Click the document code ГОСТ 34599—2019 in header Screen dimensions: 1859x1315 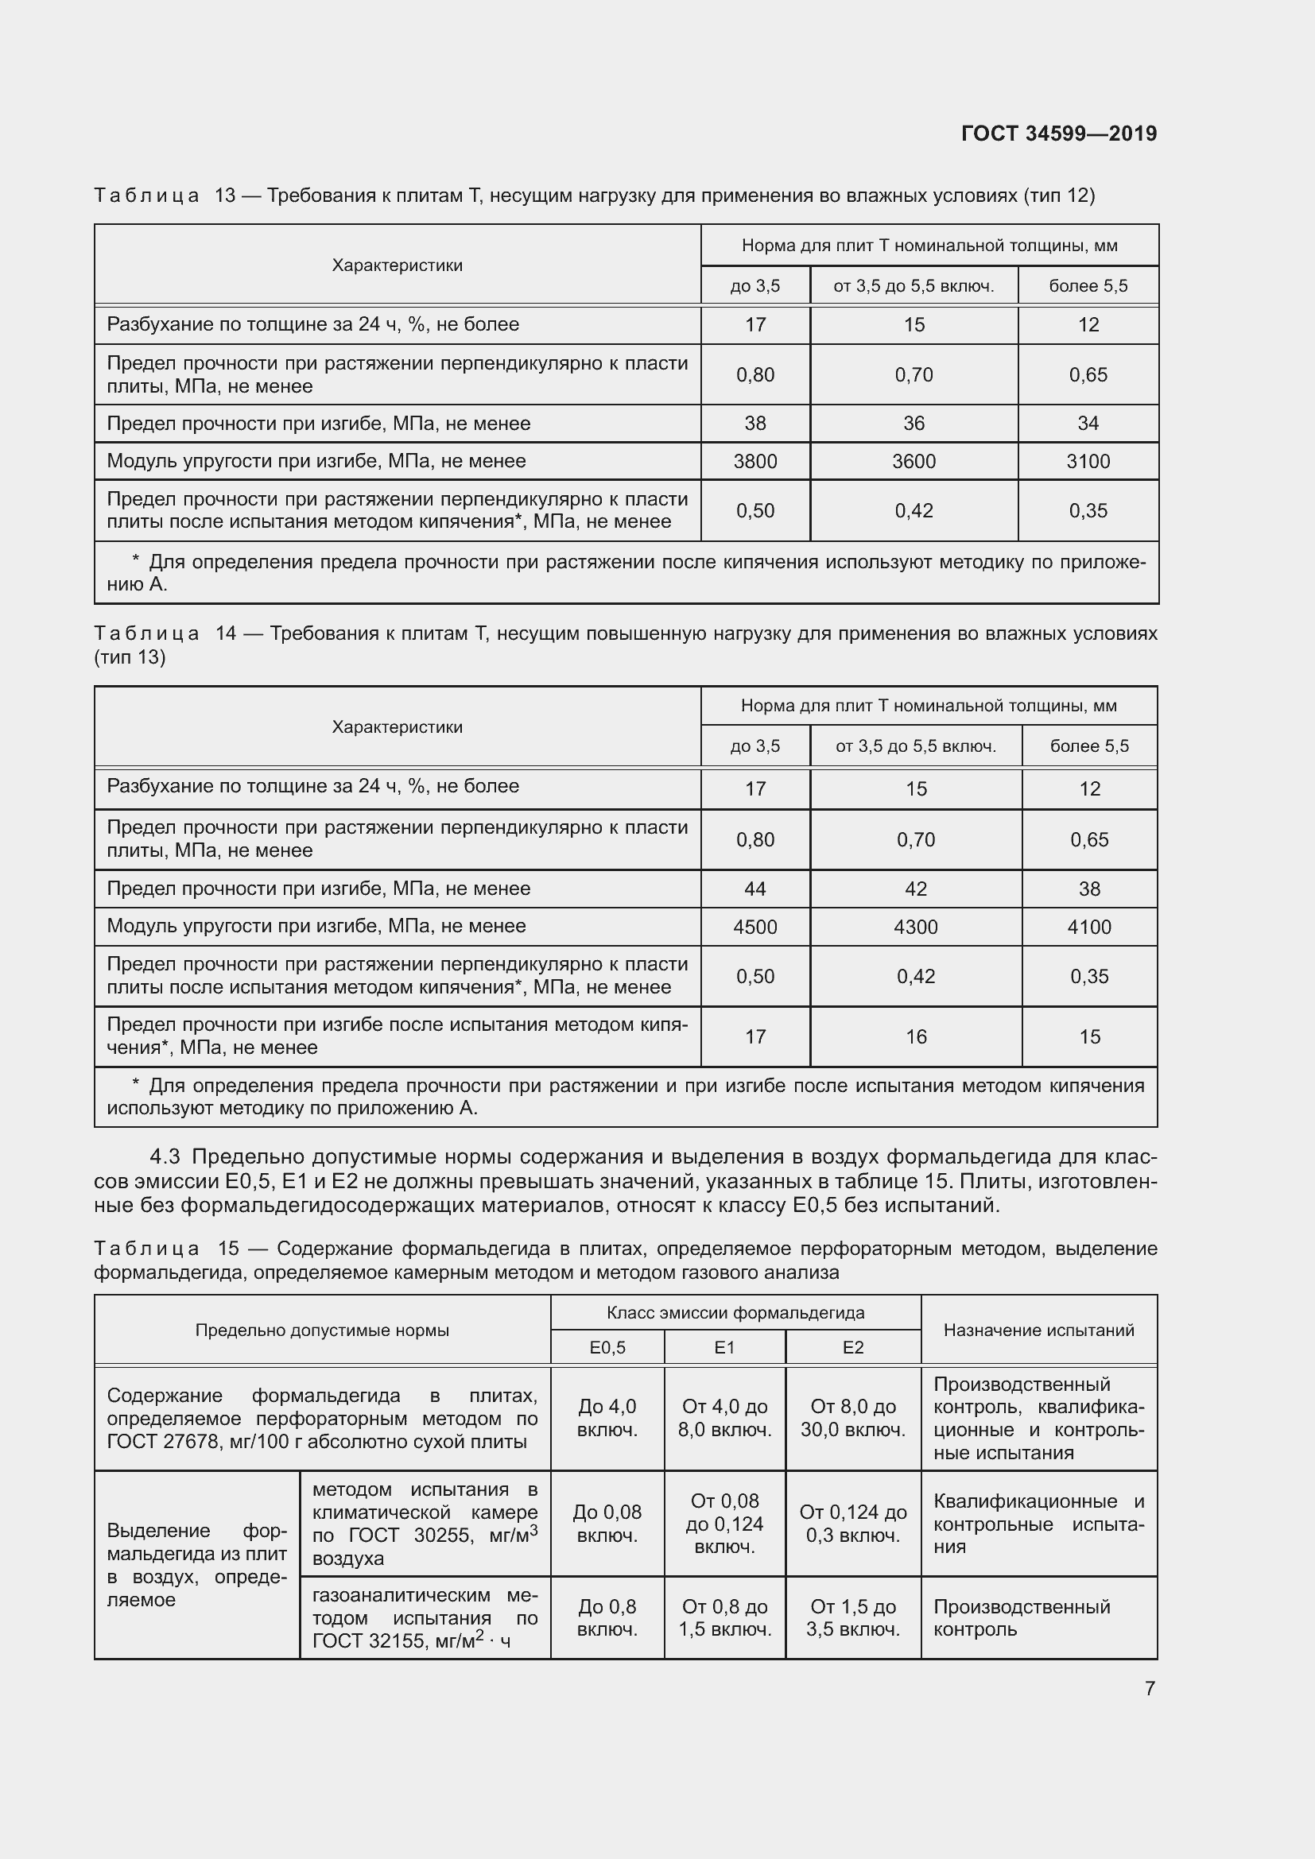click(1058, 134)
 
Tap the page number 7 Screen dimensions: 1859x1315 click(1149, 1688)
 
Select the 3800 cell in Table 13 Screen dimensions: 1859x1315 click(754, 462)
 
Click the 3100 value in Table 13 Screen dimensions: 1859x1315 click(1088, 462)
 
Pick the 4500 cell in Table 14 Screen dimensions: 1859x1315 click(754, 927)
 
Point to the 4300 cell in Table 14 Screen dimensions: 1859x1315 click(915, 927)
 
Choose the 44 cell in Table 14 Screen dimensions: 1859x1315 click(754, 889)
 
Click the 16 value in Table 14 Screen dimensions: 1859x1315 click(915, 1037)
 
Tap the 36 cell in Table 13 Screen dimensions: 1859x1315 click(914, 424)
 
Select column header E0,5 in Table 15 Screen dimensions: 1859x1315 click(607, 1347)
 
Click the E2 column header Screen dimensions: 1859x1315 click(852, 1347)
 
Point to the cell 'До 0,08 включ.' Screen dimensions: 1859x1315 click(607, 1524)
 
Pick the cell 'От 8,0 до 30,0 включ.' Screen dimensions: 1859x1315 click(852, 1418)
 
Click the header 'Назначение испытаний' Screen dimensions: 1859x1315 click(1038, 1330)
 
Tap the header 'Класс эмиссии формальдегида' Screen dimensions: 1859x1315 click(735, 1312)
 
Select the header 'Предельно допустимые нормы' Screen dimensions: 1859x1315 click(321, 1330)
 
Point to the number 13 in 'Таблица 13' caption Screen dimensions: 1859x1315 click(224, 196)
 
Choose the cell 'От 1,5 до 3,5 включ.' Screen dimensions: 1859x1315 click(852, 1617)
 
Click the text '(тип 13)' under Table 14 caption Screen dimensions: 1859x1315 click(130, 657)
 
